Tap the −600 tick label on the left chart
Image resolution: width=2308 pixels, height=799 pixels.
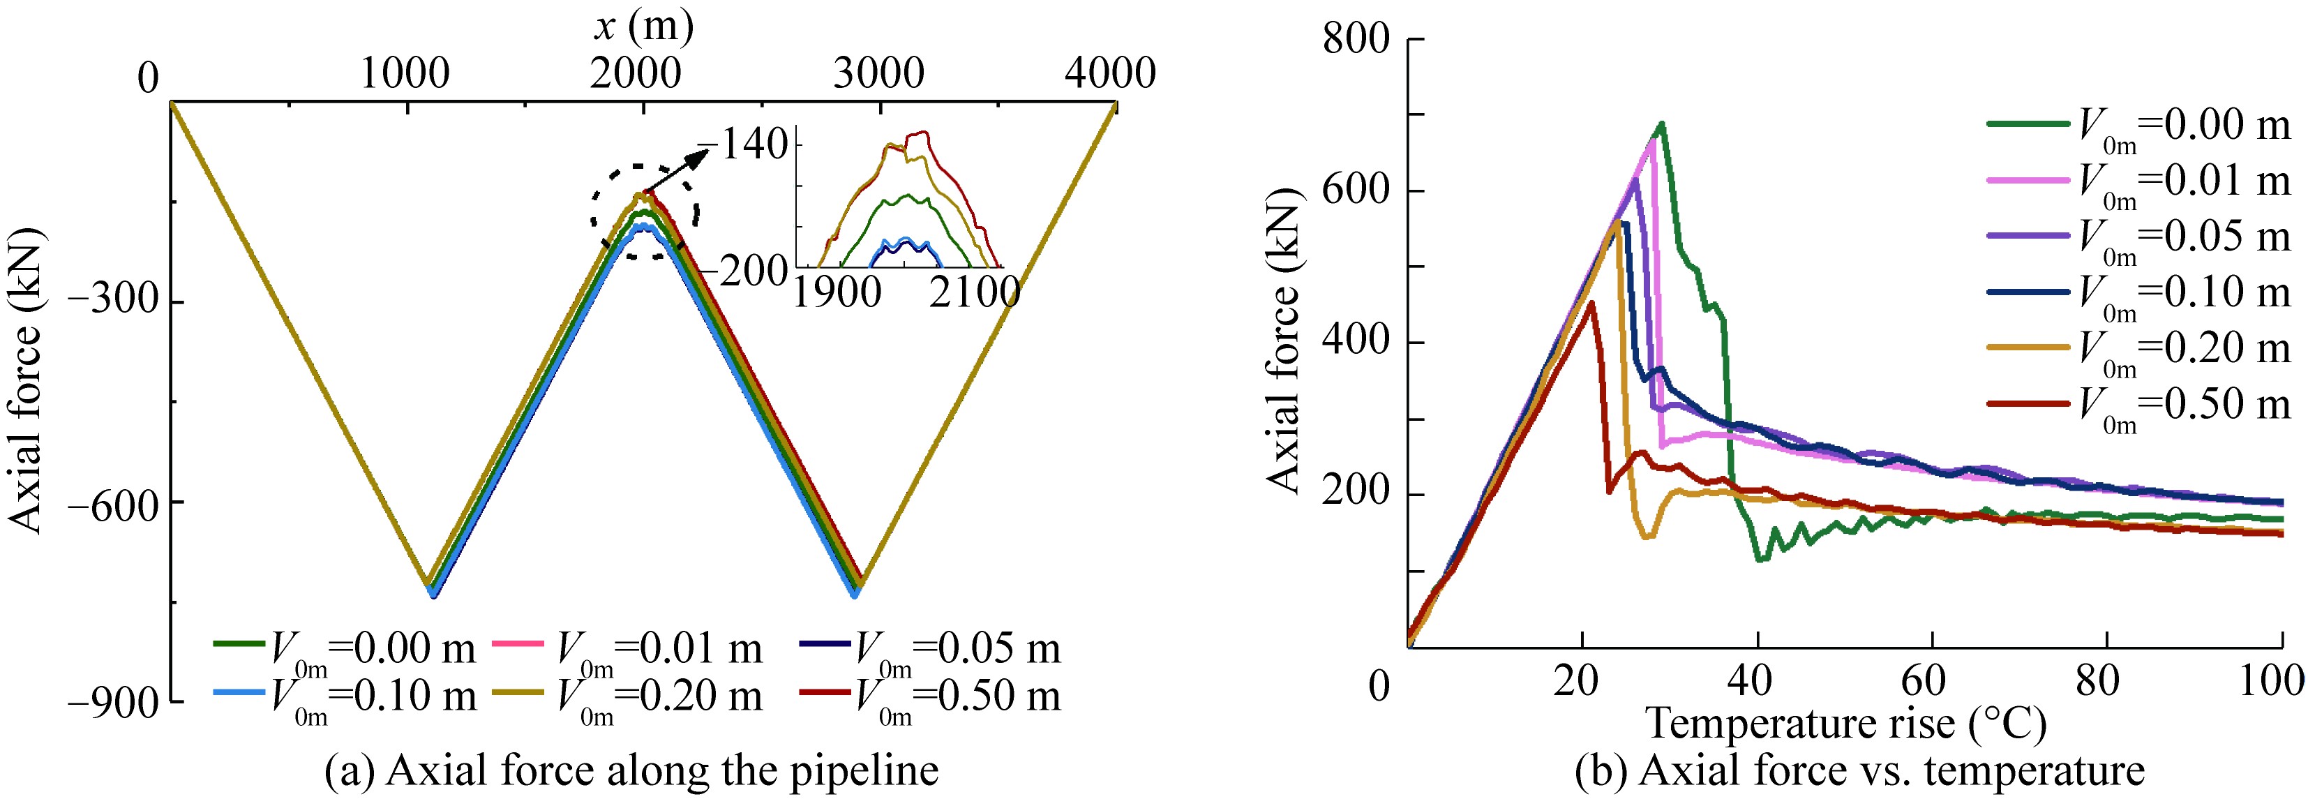(x=113, y=502)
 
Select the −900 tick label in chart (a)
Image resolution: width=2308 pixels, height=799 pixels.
(x=113, y=703)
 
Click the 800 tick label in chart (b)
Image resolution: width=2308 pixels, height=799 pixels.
(x=1356, y=39)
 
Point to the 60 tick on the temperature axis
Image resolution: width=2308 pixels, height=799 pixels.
(x=1933, y=682)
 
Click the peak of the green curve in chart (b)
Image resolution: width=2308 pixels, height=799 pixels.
(x=1661, y=124)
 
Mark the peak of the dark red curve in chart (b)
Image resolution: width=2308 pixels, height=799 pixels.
(x=1591, y=303)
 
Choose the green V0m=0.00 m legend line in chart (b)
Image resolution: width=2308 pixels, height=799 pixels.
(x=2028, y=124)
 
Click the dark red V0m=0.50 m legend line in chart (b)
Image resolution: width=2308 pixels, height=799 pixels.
(x=2028, y=403)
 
